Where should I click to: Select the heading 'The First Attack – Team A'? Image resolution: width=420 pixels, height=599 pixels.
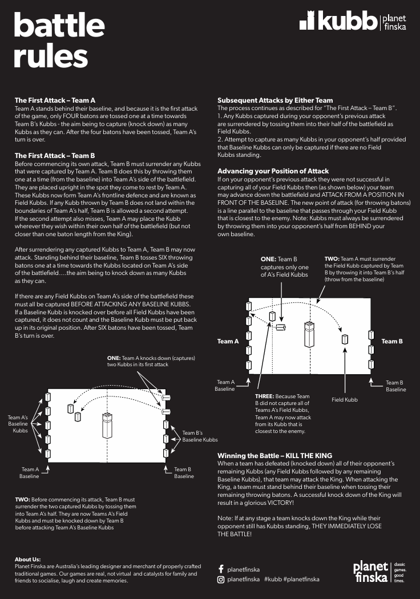pyautogui.click(x=55, y=100)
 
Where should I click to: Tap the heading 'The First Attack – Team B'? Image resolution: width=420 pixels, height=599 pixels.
pyautogui.click(x=55, y=155)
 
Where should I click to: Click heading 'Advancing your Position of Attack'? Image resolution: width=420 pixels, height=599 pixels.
pyautogui.click(x=273, y=171)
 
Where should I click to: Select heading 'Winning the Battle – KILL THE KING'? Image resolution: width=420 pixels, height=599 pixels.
pyautogui.click(x=281, y=456)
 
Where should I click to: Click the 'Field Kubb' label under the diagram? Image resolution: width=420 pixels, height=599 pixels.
pyautogui.click(x=345, y=400)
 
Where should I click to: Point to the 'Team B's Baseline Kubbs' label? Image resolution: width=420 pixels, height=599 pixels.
pyautogui.click(x=200, y=436)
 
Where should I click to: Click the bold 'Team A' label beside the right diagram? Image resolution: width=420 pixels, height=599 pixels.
pyautogui.click(x=228, y=341)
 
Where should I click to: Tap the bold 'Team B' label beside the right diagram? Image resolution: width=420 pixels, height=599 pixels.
pyautogui.click(x=392, y=341)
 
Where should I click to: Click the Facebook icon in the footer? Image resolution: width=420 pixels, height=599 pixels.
pyautogui.click(x=221, y=569)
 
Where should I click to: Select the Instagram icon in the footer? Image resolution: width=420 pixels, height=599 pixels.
pyautogui.click(x=221, y=580)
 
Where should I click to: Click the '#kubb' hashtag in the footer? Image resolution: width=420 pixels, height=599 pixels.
pyautogui.click(x=272, y=580)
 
